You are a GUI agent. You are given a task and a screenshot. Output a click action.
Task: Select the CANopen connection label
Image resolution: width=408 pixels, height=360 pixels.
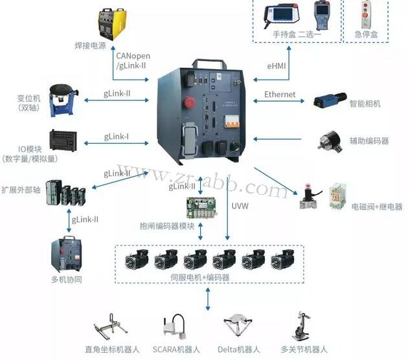pos(133,56)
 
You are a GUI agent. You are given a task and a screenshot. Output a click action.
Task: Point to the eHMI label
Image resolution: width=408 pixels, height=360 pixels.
pos(277,65)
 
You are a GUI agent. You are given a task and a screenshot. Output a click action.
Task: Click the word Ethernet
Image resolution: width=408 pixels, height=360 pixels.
pos(280,95)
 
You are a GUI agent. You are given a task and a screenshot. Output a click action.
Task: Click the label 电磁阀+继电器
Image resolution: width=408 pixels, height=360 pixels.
pos(376,207)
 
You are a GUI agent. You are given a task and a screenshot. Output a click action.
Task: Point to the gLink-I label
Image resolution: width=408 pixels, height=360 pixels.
pos(117,137)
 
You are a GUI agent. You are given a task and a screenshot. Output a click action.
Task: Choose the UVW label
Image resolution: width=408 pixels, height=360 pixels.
pos(240,207)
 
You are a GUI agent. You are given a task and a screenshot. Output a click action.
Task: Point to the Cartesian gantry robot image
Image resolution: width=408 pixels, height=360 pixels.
pos(114,328)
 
